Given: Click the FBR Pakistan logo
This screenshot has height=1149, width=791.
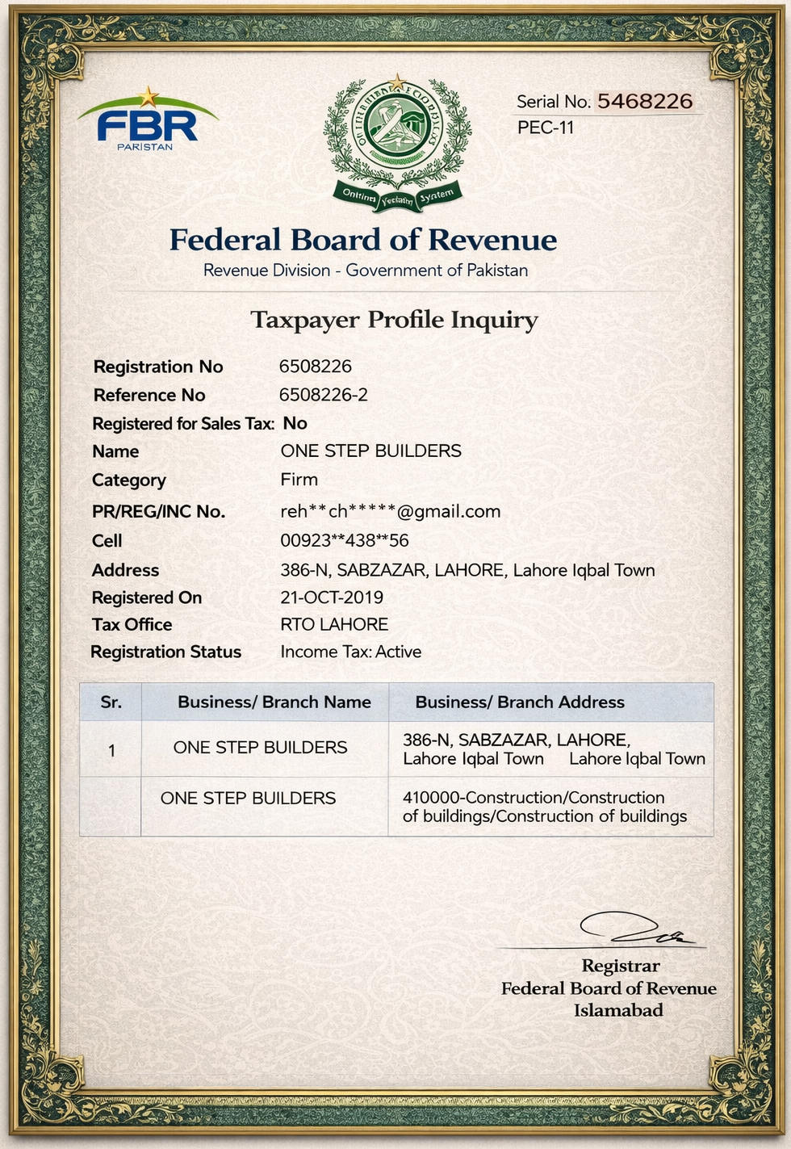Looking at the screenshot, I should [147, 122].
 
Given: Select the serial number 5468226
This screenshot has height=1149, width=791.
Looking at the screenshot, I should [644, 101].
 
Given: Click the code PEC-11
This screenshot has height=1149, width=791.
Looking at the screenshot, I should [546, 128].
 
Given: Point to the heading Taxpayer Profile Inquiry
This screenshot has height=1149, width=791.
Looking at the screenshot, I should [394, 320].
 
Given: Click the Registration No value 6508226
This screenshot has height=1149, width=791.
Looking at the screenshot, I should [315, 367].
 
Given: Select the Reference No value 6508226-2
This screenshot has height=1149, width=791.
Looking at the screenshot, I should [323, 395].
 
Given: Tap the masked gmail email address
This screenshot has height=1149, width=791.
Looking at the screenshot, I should [390, 511].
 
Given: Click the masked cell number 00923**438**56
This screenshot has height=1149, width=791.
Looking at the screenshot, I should [344, 540].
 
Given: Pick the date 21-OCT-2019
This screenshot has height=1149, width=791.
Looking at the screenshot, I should [331, 598].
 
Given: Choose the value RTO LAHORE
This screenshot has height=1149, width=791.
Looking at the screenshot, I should [334, 624].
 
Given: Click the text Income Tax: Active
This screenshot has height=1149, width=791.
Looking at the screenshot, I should [350, 652].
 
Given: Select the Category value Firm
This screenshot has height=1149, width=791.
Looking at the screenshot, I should [299, 480].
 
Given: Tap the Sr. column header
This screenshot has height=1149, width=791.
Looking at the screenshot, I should [111, 702].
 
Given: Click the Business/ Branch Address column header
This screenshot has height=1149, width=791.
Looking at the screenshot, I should [519, 702].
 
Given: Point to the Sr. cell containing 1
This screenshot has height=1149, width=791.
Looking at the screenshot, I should [111, 751].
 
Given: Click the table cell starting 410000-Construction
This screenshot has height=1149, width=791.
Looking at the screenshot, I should [545, 807].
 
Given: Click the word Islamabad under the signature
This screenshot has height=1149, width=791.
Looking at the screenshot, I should [618, 1010].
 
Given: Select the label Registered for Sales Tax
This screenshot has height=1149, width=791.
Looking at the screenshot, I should [182, 424].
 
